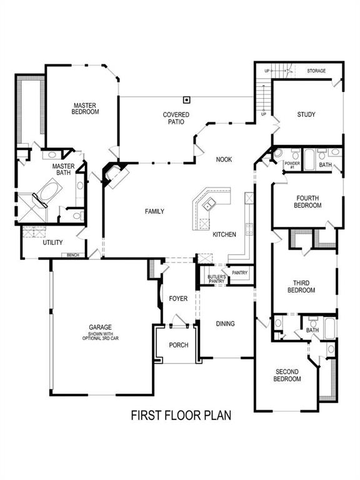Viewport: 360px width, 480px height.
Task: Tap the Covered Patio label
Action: pyautogui.click(x=176, y=118)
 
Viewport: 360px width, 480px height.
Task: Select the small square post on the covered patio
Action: pyautogui.click(x=186, y=100)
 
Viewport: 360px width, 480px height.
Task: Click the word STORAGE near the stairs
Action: pyautogui.click(x=316, y=71)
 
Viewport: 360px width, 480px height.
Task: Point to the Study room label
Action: pyautogui.click(x=306, y=114)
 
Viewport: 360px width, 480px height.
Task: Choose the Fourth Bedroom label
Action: pyautogui.click(x=307, y=202)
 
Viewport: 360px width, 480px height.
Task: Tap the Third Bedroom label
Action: pyautogui.click(x=302, y=287)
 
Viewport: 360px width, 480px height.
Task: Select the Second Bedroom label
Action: pyautogui.click(x=287, y=375)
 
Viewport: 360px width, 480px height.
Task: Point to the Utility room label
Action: pyautogui.click(x=52, y=242)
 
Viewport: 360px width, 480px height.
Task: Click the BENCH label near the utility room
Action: pyautogui.click(x=73, y=255)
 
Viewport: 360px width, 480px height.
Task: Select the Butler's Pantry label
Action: pyautogui.click(x=216, y=279)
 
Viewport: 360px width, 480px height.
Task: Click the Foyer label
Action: pyautogui.click(x=178, y=299)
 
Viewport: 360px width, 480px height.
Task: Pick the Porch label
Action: pyautogui.click(x=178, y=345)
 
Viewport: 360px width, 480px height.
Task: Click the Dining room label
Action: pyautogui.click(x=225, y=324)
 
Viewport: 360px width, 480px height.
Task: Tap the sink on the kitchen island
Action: pyautogui.click(x=210, y=202)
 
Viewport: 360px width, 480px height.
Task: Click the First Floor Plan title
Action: pyautogui.click(x=181, y=415)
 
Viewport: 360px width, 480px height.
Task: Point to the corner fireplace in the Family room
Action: pyautogui.click(x=115, y=174)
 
